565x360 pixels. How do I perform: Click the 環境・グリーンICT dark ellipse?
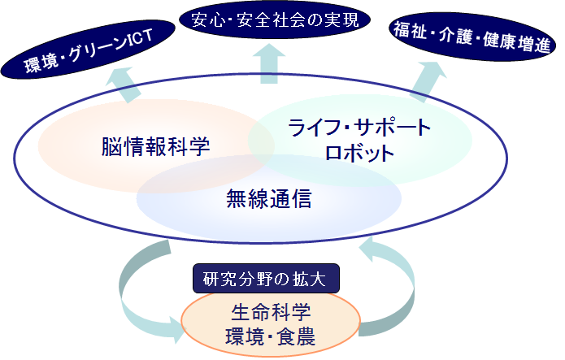pyautogui.click(x=88, y=50)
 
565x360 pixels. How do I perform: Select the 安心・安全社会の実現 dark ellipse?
pyautogui.click(x=275, y=20)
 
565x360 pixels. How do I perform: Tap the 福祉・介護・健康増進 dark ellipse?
pyautogui.click(x=472, y=37)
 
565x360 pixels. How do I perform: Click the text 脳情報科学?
pyautogui.click(x=155, y=146)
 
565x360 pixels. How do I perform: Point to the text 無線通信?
pyautogui.click(x=269, y=199)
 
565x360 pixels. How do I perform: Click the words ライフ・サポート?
pyautogui.click(x=359, y=128)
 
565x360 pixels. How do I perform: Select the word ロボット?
pyautogui.click(x=359, y=153)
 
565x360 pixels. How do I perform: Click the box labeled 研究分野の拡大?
pyautogui.click(x=266, y=279)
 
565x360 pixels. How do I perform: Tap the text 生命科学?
pyautogui.click(x=271, y=312)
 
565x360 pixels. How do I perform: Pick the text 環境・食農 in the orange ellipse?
pyautogui.click(x=270, y=336)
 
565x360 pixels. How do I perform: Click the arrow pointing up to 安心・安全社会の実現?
pyautogui.click(x=269, y=63)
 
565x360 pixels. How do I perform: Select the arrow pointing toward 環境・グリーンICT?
pyautogui.click(x=124, y=85)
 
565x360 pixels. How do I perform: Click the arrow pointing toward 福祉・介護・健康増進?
pyautogui.click(x=428, y=82)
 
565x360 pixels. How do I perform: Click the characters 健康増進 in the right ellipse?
pyautogui.click(x=517, y=42)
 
